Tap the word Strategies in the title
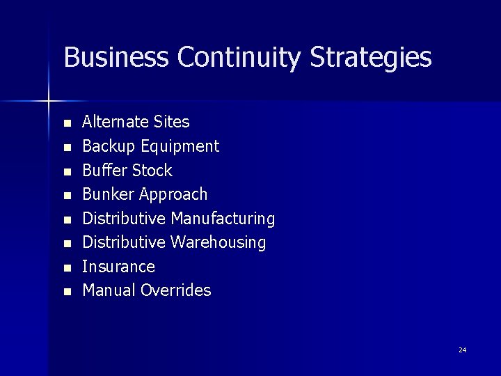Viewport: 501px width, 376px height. (371, 58)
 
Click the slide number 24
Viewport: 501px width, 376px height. (463, 350)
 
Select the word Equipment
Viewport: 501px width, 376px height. (180, 147)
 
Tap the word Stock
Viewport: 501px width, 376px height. (152, 171)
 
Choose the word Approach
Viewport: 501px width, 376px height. (173, 195)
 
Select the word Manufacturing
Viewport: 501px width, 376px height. (223, 219)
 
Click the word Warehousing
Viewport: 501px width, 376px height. (218, 242)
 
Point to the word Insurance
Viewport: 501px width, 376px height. (118, 267)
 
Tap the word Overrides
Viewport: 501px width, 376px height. (175, 290)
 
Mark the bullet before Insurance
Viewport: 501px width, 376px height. (67, 268)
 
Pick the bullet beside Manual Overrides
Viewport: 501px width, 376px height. (67, 292)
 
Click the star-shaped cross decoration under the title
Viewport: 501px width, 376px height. (48, 102)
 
